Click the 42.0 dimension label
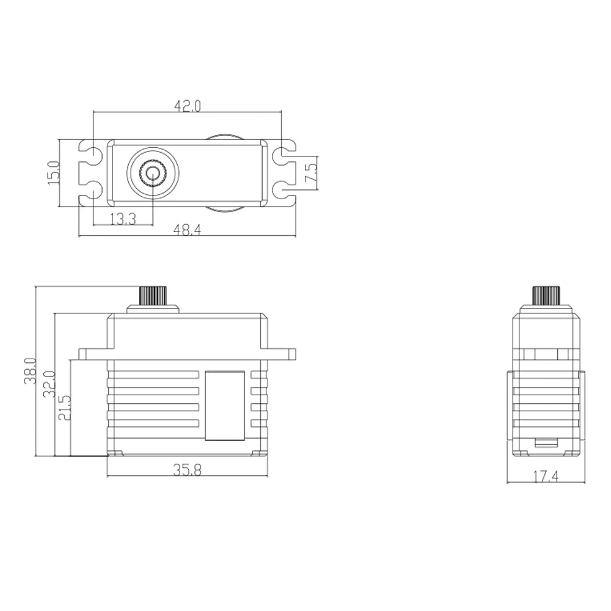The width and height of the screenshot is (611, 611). tap(187, 106)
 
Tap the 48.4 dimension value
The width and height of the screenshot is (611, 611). tap(187, 230)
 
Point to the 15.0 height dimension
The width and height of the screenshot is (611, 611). tap(54, 173)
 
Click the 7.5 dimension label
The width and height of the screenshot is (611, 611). tap(311, 173)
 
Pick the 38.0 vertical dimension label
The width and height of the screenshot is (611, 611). tap(30, 371)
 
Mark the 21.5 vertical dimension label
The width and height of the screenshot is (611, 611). tap(64, 408)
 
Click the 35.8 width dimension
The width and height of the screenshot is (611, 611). tap(187, 470)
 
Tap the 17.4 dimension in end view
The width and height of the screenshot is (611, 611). tap(546, 477)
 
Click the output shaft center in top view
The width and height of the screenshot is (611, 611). tap(153, 174)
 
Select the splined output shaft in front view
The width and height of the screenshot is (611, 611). tap(153, 296)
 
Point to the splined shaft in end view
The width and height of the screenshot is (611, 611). tap(546, 296)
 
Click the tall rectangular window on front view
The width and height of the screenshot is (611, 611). tap(225, 405)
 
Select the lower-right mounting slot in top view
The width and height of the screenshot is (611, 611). tap(284, 190)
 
